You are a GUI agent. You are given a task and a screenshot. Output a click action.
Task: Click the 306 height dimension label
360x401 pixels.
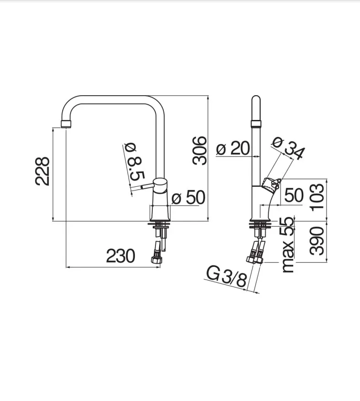tap(199, 151)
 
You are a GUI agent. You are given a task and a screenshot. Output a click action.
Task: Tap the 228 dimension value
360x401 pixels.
tap(43, 171)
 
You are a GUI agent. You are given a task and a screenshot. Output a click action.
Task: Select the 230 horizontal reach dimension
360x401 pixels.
tap(120, 256)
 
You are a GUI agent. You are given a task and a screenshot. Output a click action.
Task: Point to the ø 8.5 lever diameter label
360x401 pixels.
tap(134, 162)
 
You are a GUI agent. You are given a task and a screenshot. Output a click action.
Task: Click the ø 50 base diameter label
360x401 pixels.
tap(188, 197)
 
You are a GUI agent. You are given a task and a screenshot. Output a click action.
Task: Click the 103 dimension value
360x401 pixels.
tap(317, 197)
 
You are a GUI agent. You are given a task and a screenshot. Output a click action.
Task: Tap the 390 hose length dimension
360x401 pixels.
tap(317, 241)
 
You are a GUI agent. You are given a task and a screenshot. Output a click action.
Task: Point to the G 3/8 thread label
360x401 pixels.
tap(226, 276)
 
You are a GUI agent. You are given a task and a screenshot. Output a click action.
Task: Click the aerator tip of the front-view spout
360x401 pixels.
tap(66, 124)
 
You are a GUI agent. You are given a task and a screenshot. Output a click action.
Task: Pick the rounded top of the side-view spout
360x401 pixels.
tap(256, 100)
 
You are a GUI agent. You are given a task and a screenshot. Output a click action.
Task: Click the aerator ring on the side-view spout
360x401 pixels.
tap(256, 124)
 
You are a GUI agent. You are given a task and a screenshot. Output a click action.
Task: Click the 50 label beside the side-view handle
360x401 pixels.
tap(294, 195)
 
